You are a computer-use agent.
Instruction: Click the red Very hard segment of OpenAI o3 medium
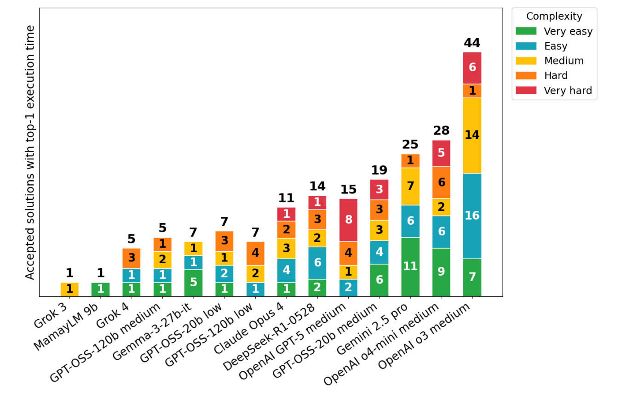(x=472, y=68)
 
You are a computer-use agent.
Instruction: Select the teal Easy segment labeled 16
(x=472, y=216)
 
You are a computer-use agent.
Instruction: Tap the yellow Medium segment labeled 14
(x=472, y=135)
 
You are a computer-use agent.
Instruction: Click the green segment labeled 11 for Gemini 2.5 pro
(x=410, y=267)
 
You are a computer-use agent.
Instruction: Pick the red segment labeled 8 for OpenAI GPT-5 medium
(x=348, y=220)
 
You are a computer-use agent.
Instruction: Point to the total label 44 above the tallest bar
(x=472, y=43)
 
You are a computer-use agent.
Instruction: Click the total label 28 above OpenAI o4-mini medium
(x=441, y=131)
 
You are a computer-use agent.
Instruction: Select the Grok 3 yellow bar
(x=69, y=289)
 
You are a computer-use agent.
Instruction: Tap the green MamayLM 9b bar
(x=100, y=289)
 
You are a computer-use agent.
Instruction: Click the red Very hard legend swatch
(x=526, y=91)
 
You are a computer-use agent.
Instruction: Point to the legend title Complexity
(x=554, y=17)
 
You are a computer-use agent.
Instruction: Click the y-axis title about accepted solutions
(x=30, y=152)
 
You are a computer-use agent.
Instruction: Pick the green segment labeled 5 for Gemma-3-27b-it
(x=193, y=282)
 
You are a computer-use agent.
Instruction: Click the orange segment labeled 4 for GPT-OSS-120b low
(x=255, y=253)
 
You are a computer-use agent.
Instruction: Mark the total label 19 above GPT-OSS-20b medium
(x=379, y=170)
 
